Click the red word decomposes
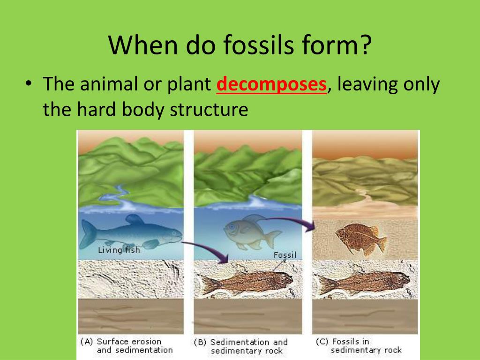tap(271, 85)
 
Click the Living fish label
tap(119, 250)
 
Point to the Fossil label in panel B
tap(285, 255)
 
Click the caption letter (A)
tap(86, 341)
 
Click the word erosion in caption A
tap(144, 341)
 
